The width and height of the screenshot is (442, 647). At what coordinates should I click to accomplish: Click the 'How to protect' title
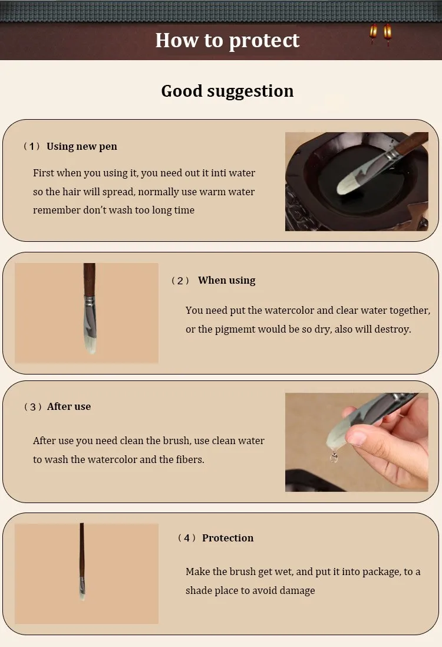click(227, 41)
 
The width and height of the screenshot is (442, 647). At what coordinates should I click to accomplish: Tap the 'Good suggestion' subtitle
click(227, 91)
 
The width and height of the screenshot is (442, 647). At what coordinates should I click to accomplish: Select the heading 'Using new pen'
click(82, 146)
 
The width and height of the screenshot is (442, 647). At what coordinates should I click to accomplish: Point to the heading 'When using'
click(226, 281)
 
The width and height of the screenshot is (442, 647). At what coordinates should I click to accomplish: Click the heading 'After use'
click(69, 406)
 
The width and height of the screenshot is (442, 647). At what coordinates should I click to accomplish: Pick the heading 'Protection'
click(227, 538)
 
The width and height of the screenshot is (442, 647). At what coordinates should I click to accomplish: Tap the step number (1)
click(31, 146)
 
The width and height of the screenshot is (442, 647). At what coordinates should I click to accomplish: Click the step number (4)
click(187, 538)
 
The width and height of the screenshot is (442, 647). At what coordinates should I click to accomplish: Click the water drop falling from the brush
click(334, 456)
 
